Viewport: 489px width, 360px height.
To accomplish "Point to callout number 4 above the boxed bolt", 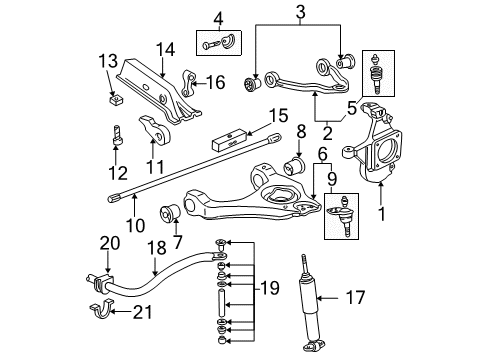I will pyautogui.click(x=219, y=17).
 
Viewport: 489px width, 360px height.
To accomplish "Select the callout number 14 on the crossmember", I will pyautogui.click(x=164, y=46).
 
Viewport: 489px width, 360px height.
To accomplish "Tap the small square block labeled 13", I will pyautogui.click(x=114, y=100).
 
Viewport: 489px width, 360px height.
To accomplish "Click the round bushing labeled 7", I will pyautogui.click(x=170, y=213).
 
